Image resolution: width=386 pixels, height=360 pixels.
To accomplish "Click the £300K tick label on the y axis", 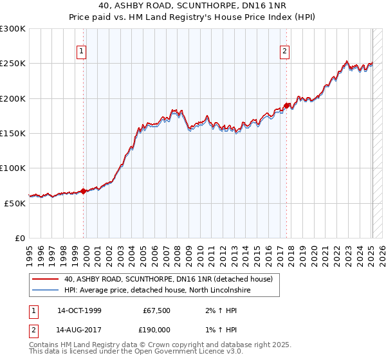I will pyautogui.click(x=13, y=29).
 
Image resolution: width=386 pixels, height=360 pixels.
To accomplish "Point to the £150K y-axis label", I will pyautogui.click(x=13, y=134).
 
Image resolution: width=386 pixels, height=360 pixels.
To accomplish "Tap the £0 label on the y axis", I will pyautogui.click(x=20, y=239).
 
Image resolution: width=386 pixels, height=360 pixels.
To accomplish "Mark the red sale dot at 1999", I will pyautogui.click(x=84, y=191).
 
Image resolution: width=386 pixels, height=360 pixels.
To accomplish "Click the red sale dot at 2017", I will pyautogui.click(x=286, y=105).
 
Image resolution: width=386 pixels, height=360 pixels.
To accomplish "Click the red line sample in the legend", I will pyautogui.click(x=45, y=279).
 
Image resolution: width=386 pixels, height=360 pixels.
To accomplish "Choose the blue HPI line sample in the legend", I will pyautogui.click(x=45, y=291).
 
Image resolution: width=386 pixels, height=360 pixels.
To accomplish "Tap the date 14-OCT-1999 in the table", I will pyautogui.click(x=79, y=310).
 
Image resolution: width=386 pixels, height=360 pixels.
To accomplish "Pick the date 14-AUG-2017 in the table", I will pyautogui.click(x=79, y=329).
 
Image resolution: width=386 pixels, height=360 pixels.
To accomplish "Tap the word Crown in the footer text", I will pyautogui.click(x=156, y=345).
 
